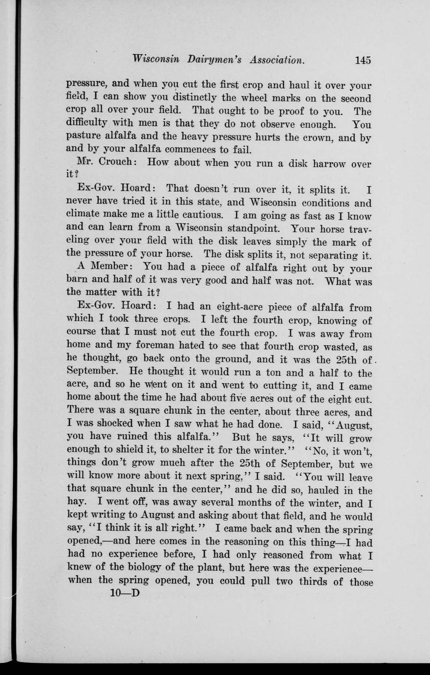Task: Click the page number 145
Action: click(363, 60)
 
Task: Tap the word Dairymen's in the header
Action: click(215, 60)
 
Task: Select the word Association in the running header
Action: click(277, 60)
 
